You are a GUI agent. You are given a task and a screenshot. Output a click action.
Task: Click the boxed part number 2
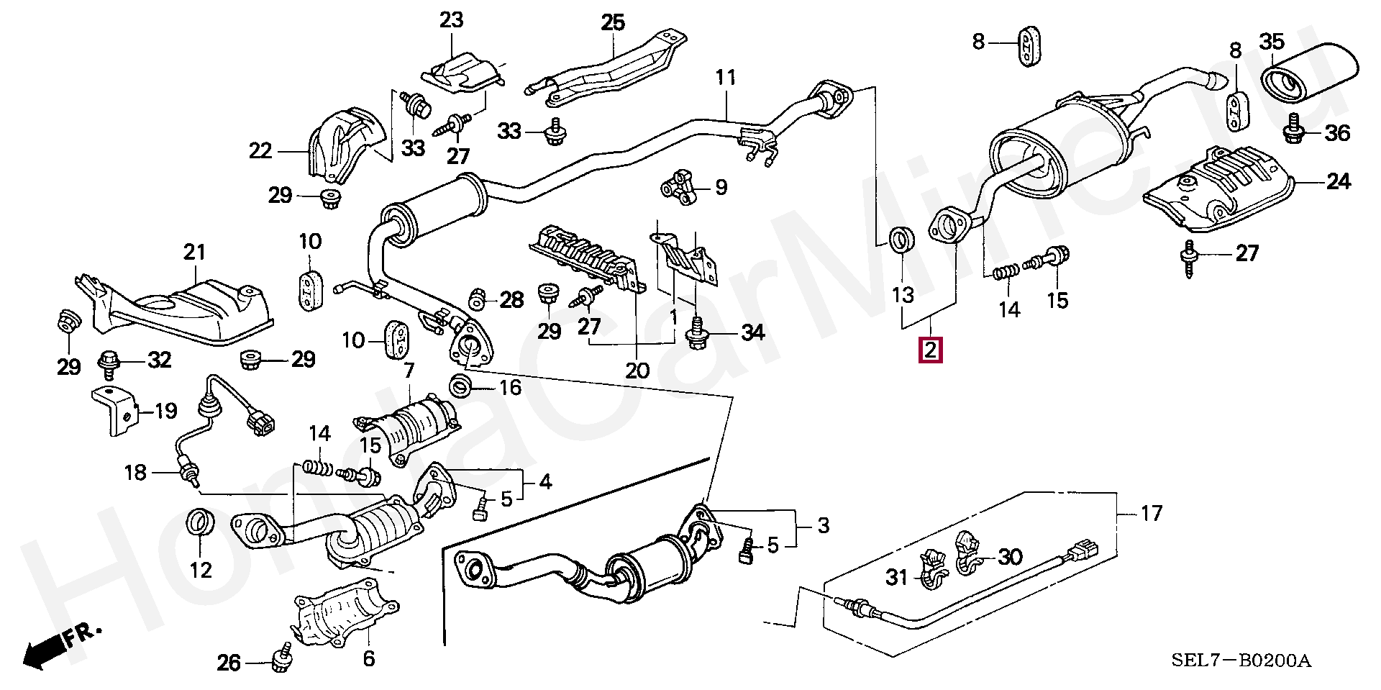[930, 350]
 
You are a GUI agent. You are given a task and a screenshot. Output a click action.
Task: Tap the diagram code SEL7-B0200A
[1241, 661]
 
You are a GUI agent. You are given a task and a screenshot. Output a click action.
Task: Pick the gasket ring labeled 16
[461, 386]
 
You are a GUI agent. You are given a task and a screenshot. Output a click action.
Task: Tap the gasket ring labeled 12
[201, 522]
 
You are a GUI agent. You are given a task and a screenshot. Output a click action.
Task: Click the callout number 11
[726, 77]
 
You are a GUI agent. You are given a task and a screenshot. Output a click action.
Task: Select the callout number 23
[452, 20]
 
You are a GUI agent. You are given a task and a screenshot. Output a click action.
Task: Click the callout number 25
[613, 23]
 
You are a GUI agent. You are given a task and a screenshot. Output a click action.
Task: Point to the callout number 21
[194, 252]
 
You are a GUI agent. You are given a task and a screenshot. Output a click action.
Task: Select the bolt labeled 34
[696, 333]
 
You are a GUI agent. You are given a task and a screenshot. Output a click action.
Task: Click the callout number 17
[1151, 513]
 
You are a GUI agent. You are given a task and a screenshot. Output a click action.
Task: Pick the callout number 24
[1338, 181]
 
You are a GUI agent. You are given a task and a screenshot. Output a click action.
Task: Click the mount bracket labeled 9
[679, 187]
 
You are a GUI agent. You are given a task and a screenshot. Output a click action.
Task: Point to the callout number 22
[260, 150]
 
